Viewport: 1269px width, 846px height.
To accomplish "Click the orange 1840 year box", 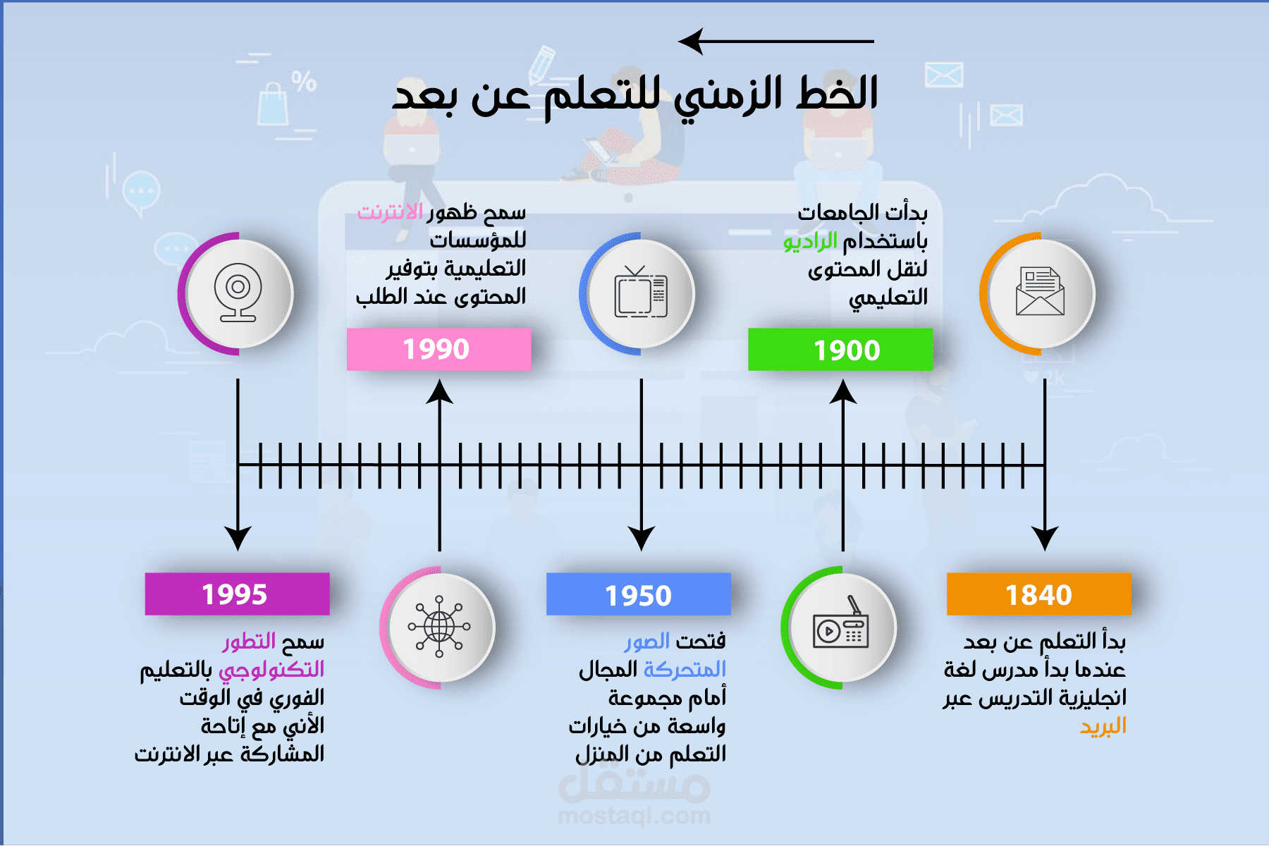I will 1038,594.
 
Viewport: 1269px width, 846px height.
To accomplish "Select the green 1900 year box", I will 840,350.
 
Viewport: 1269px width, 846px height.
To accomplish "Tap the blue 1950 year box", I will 638,594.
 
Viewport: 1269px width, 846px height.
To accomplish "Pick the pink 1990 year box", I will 439,349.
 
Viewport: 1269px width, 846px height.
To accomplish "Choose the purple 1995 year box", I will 237,594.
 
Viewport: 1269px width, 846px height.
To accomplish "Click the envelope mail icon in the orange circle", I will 1040,292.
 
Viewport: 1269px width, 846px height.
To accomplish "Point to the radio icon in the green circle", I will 840,627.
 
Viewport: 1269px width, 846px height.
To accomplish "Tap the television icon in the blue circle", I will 640,293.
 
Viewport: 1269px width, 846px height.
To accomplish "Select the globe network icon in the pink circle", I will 439,627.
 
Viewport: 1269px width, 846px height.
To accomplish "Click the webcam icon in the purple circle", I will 238,292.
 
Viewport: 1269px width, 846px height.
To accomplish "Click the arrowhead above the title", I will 692,42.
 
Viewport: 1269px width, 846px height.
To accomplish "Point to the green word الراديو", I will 810,242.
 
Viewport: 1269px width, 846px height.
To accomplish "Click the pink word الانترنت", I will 390,212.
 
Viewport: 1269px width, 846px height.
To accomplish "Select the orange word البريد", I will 1103,726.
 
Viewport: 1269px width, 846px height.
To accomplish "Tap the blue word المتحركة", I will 684,669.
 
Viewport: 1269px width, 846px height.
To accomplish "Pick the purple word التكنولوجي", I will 271,670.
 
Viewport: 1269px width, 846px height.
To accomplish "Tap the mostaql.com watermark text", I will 634,816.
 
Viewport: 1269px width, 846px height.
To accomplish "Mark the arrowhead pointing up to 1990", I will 439,392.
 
